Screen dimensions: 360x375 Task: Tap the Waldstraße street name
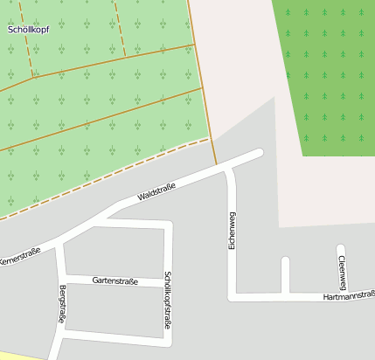click(x=156, y=190)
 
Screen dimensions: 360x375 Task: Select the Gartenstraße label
click(x=115, y=280)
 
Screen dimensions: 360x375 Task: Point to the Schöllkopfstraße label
click(x=168, y=302)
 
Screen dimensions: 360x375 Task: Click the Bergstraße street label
click(x=62, y=305)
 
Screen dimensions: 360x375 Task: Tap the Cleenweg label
click(x=342, y=273)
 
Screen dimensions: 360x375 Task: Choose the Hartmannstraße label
click(x=348, y=297)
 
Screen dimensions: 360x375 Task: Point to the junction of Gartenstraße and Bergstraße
click(x=62, y=279)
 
